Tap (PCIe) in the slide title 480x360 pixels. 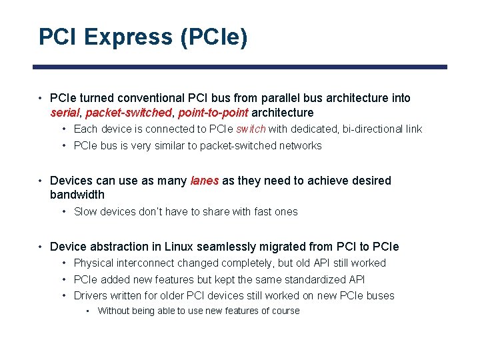point(213,37)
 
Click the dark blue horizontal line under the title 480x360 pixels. point(240,67)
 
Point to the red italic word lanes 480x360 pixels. point(205,181)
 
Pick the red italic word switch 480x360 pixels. point(251,129)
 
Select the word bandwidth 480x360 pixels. point(77,195)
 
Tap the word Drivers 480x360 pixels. point(91,296)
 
